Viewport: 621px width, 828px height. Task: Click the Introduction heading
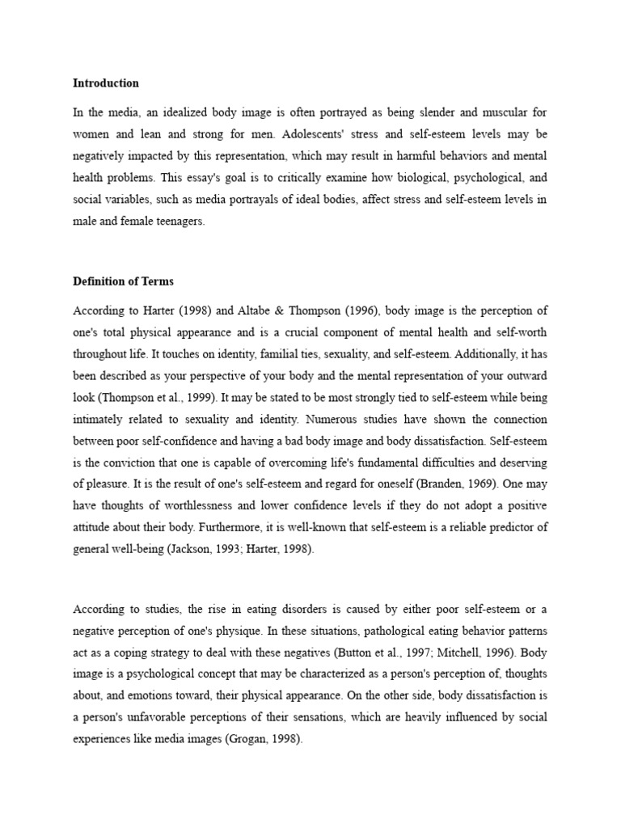[x=106, y=83]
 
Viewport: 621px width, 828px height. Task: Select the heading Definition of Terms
[x=123, y=282]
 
